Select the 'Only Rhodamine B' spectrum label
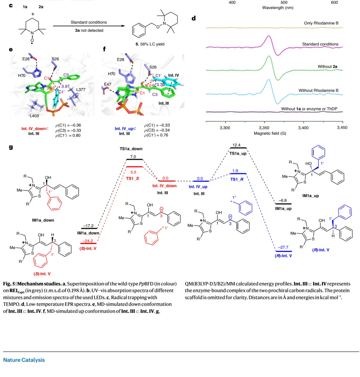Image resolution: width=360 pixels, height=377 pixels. coord(321,23)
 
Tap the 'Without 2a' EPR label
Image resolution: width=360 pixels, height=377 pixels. coord(327,67)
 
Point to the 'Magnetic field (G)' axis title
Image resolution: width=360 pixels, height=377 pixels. coord(270,133)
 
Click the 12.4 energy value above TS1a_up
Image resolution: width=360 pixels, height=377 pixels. coord(236,145)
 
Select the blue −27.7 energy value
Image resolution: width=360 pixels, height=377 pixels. coord(283,247)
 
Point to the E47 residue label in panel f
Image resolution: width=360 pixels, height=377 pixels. coord(107,85)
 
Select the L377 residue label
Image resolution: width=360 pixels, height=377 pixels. coord(81,89)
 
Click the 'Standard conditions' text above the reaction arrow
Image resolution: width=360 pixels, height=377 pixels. coord(89,22)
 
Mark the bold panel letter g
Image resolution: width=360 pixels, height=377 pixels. coord(11,146)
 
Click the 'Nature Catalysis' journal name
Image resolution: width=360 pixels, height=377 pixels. coord(24,360)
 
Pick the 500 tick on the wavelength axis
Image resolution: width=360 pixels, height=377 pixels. coord(284,3)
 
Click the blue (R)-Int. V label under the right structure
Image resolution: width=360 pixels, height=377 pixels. coord(321,250)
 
